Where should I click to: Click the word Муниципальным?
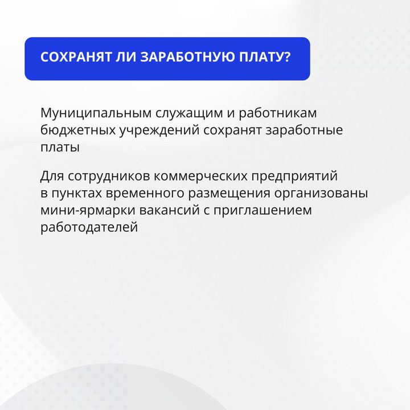[x=96, y=113]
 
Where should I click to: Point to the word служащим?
[x=189, y=113]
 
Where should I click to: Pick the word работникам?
[x=278, y=113]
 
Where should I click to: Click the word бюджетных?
[x=78, y=130]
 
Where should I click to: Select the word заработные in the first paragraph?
[x=304, y=130]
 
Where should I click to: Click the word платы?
[x=60, y=147]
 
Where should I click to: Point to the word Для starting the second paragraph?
[x=52, y=176]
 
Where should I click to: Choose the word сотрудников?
[x=109, y=176]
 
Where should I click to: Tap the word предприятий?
[x=294, y=176]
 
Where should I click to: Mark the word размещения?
[x=229, y=194]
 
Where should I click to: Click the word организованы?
[x=321, y=194]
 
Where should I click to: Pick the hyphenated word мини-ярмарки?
[x=88, y=211]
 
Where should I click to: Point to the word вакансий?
[x=170, y=210]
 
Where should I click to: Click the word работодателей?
[x=89, y=227]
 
